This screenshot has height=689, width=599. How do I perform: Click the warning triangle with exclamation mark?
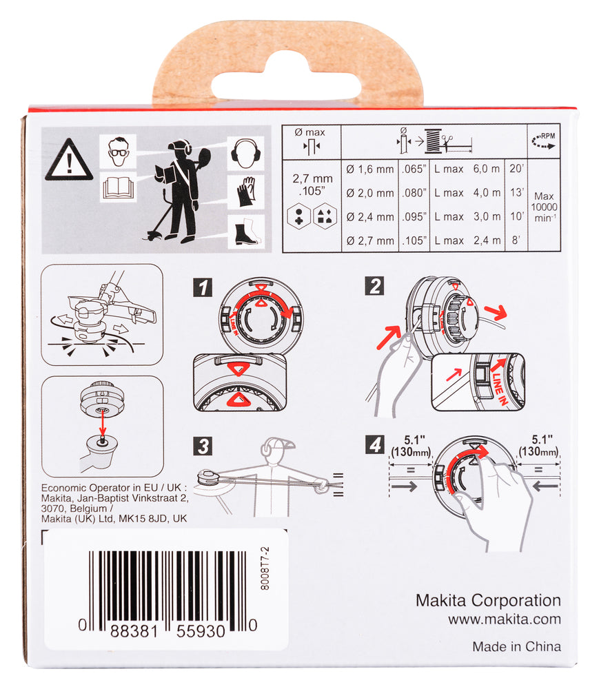68,163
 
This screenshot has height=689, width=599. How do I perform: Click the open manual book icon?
117,187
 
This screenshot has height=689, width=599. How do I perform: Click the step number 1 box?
202,287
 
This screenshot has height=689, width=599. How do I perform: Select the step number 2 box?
374,285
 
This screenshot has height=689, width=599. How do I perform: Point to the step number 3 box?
202,446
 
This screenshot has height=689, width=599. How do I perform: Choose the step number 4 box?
375,445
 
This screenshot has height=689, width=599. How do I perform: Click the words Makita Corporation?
488,600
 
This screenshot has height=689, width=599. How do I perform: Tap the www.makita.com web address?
504,619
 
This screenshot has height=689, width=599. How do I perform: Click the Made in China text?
516,646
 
